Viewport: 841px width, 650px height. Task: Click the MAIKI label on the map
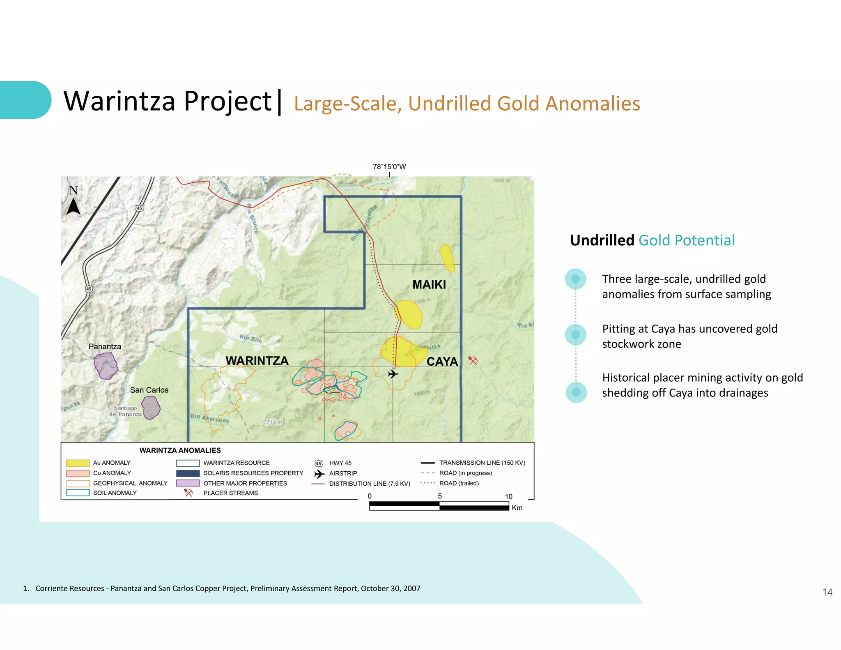click(429, 284)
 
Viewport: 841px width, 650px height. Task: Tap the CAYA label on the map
click(442, 362)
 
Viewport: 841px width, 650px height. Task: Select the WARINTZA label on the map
click(257, 361)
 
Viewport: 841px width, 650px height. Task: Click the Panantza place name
click(105, 346)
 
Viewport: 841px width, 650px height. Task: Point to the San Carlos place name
click(149, 390)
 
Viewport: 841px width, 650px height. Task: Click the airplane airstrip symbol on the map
click(393, 374)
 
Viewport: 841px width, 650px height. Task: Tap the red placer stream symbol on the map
click(473, 361)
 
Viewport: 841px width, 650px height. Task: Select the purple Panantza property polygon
click(106, 365)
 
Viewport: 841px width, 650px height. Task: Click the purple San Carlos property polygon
click(151, 407)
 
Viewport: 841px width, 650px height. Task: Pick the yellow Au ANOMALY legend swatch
click(78, 463)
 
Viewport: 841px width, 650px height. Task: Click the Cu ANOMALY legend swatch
click(78, 473)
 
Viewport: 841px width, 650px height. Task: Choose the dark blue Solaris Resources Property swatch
click(188, 473)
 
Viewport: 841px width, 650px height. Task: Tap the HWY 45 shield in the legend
click(319, 463)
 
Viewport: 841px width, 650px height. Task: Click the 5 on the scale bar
click(440, 496)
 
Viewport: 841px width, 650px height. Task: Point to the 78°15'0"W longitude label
click(389, 167)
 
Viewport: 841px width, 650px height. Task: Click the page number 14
click(827, 592)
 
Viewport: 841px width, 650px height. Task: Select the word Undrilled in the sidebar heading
click(602, 240)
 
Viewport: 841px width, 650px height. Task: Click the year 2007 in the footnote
click(411, 588)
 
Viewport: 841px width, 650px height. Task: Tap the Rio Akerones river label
click(209, 418)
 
